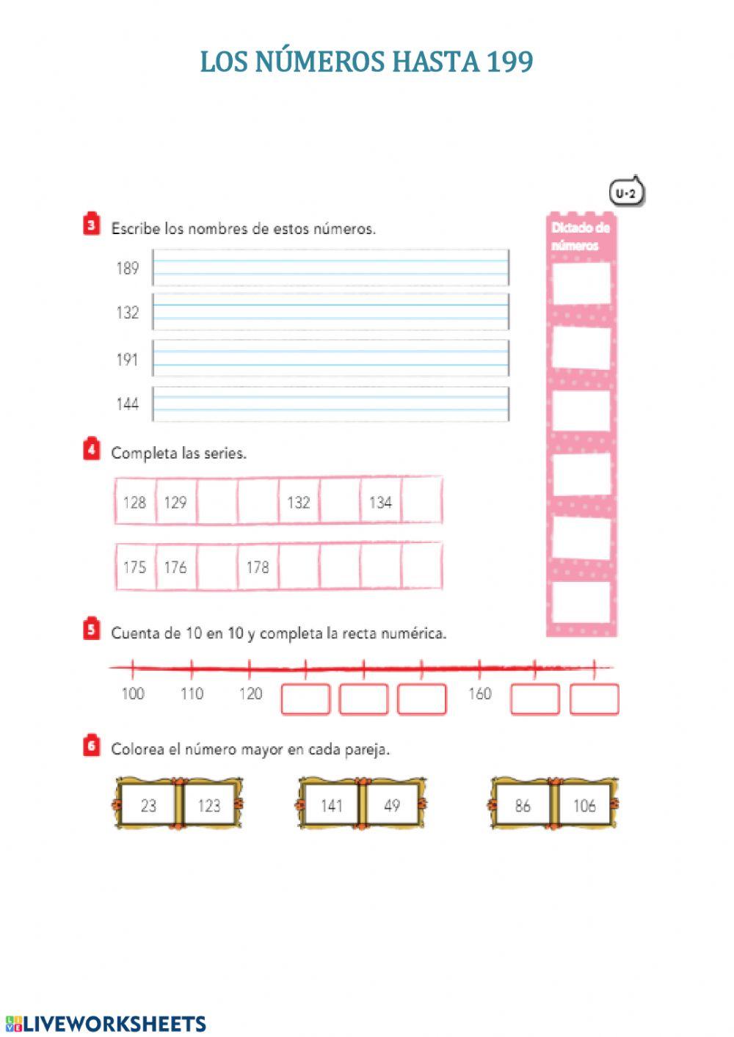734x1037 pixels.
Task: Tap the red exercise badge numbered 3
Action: point(91,225)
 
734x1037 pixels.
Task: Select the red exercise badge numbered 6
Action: point(91,746)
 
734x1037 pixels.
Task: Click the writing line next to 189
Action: point(330,268)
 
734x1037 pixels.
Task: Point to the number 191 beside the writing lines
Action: point(127,360)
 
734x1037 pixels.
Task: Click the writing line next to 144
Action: point(330,404)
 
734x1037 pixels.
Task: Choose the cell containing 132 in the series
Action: point(299,502)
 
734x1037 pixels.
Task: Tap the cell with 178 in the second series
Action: point(258,567)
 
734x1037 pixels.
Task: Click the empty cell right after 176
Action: point(217,567)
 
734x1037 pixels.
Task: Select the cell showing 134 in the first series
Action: point(380,502)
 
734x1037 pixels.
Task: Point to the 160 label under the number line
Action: point(479,694)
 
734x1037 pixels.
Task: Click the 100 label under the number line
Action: point(133,694)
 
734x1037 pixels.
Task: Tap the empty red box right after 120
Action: point(305,699)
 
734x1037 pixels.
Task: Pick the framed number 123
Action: point(209,805)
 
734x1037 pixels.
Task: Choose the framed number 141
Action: point(332,805)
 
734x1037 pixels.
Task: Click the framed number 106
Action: point(584,805)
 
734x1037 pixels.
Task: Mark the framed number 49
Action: point(392,805)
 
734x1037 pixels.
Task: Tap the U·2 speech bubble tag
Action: point(626,193)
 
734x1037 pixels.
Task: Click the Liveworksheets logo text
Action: point(106,1024)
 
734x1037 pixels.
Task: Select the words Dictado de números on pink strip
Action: point(581,236)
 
